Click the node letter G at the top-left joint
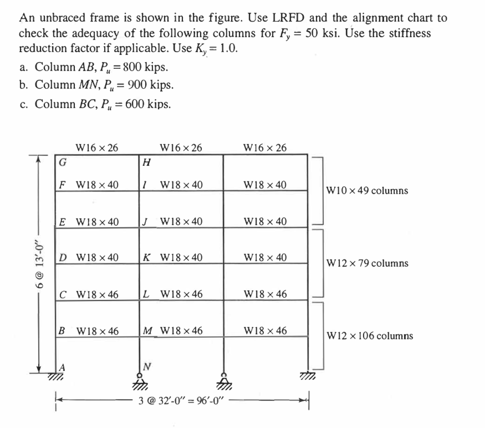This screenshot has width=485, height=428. click(x=63, y=162)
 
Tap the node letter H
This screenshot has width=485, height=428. click(x=147, y=162)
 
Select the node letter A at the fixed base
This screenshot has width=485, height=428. click(x=62, y=367)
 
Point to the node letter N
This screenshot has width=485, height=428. click(x=147, y=367)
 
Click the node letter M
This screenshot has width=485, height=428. click(x=148, y=331)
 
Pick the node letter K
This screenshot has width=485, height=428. click(x=147, y=257)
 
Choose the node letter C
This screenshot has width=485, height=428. click(x=63, y=294)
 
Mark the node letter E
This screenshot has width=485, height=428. click(x=62, y=222)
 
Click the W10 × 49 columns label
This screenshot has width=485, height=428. click(x=367, y=191)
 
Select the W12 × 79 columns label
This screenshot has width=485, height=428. click(x=368, y=264)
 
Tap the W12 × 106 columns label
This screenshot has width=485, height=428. click(x=370, y=336)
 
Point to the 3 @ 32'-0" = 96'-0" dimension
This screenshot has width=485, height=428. click(x=180, y=401)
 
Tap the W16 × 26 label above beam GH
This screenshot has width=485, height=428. click(x=97, y=147)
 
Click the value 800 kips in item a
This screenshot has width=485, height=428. click(x=145, y=67)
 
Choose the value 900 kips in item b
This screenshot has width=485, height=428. click(x=150, y=85)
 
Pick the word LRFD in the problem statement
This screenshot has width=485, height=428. click(x=288, y=18)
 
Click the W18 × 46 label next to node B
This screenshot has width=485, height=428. click(x=98, y=331)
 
